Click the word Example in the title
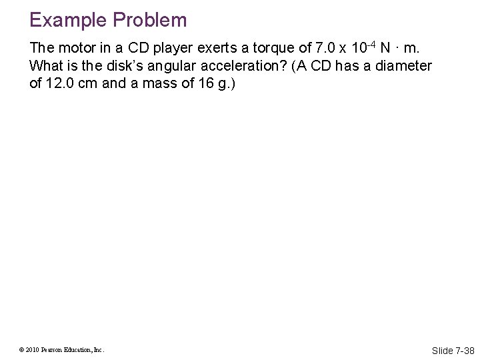click(x=68, y=20)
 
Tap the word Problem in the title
click(x=149, y=20)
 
